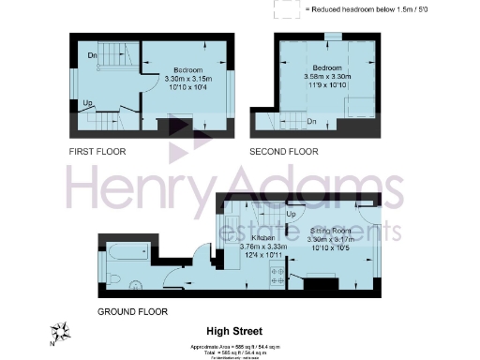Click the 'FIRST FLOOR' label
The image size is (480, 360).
pos(97,151)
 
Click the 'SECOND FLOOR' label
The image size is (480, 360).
pos(283,151)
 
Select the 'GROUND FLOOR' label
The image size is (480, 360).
pos(132,311)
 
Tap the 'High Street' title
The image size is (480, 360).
pos(234,331)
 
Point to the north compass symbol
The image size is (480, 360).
pos(63,331)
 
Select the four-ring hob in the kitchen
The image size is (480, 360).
pos(277,275)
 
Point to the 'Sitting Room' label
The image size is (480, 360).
pos(330,230)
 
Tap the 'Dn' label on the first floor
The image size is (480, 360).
pos(92,55)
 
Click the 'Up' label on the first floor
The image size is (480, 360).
pos(88,104)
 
